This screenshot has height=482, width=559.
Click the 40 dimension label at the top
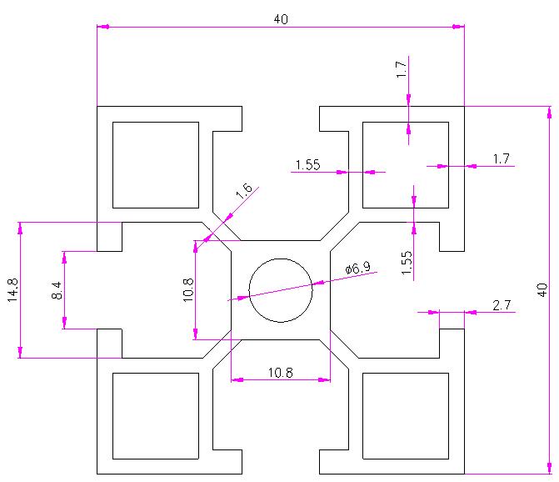click(280, 19)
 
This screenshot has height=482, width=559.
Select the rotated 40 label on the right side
click(542, 290)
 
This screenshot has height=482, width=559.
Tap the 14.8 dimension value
click(13, 290)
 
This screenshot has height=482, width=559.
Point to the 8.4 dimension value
click(56, 290)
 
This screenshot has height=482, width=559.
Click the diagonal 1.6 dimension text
click(244, 191)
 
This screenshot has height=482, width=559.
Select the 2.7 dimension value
click(502, 305)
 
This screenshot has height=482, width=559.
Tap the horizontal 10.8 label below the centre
click(281, 374)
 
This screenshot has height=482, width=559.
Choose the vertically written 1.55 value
click(406, 263)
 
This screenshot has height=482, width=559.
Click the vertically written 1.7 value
click(401, 71)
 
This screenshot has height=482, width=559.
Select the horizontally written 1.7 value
click(501, 158)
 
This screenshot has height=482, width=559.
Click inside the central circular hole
click(280, 289)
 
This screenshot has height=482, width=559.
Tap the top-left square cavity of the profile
click(156, 165)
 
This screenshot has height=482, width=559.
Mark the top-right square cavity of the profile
click(406, 165)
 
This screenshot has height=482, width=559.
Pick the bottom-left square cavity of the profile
click(156, 415)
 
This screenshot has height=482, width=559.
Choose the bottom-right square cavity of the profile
click(406, 415)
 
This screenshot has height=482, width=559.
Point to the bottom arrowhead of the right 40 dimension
click(549, 468)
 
